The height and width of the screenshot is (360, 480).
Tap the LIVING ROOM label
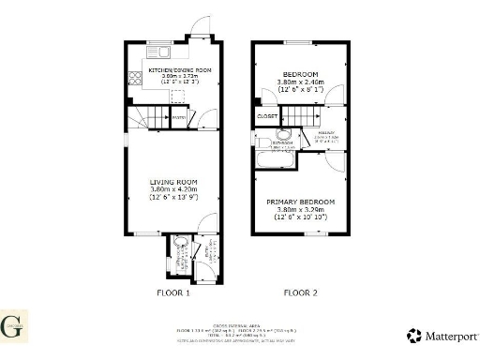tap(173, 182)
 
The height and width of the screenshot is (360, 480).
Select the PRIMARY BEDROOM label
tap(299, 202)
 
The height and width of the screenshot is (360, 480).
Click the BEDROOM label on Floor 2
tap(301, 74)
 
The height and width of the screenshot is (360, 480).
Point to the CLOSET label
tap(267, 117)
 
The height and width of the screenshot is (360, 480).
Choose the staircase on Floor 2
tap(298, 116)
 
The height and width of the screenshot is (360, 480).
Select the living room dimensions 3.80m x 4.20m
tap(173, 189)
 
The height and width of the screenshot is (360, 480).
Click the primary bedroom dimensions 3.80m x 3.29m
tap(299, 210)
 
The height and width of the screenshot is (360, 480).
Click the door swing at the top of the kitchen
tap(198, 26)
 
